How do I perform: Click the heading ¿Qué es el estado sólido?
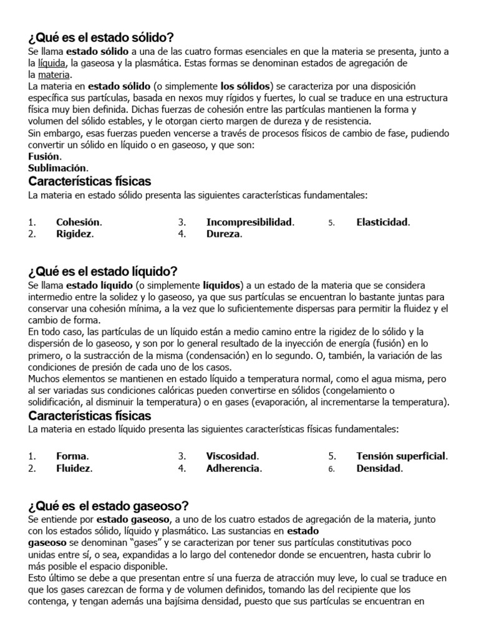[100, 37]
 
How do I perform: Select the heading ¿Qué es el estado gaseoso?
[108, 505]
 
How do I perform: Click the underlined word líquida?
[52, 63]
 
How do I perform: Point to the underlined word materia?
[55, 75]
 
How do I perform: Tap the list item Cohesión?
[79, 222]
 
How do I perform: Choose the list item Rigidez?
[74, 234]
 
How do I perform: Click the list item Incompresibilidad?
[249, 222]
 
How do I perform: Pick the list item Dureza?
[223, 234]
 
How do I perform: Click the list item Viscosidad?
[232, 456]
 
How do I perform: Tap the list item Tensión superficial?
[402, 456]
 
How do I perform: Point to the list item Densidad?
[379, 469]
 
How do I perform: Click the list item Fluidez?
[74, 469]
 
